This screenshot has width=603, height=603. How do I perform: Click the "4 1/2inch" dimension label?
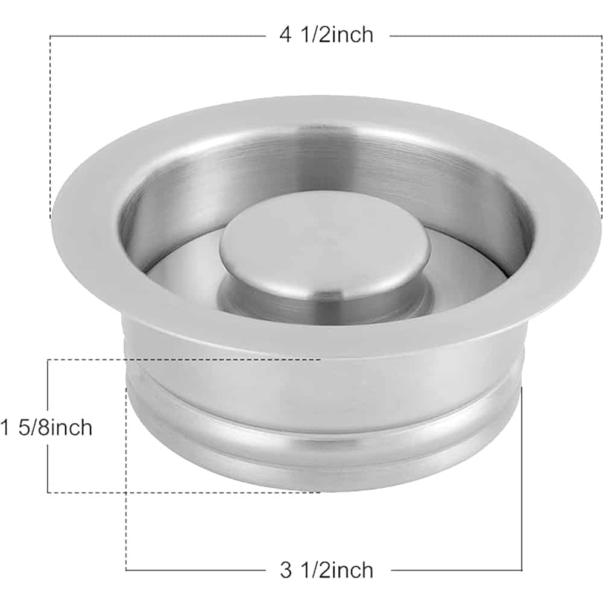click(326, 35)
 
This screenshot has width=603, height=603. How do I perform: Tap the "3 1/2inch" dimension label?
click(326, 570)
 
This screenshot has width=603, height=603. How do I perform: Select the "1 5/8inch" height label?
click(46, 428)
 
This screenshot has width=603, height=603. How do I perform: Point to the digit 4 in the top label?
click(286, 35)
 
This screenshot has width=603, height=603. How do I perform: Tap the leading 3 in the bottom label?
click(286, 570)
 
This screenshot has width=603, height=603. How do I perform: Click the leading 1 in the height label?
click(5, 428)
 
